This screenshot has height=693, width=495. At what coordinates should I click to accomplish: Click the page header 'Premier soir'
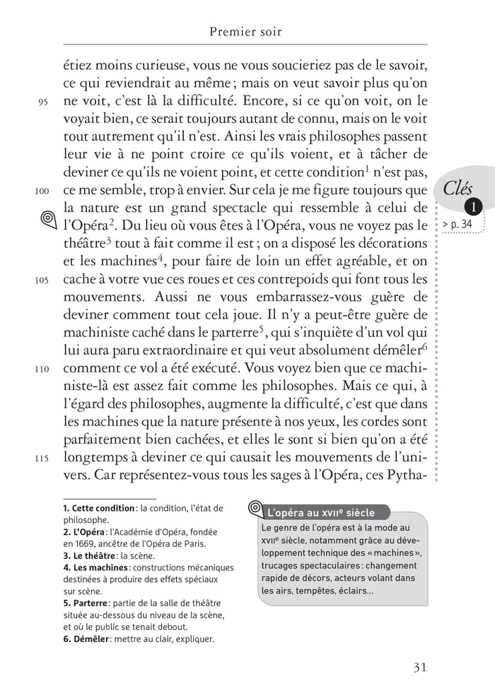point(246,32)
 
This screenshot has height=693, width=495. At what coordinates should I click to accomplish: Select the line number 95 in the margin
point(42,102)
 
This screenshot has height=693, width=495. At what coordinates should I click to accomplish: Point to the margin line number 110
point(42,368)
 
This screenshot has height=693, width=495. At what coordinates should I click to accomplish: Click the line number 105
point(42,279)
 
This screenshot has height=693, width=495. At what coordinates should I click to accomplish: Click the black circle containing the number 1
point(473,207)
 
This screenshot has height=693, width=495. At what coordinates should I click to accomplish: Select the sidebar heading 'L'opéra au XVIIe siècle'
point(320,513)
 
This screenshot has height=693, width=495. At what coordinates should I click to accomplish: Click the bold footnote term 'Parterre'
point(87,603)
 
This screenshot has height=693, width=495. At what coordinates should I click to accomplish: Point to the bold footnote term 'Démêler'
point(87,639)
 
